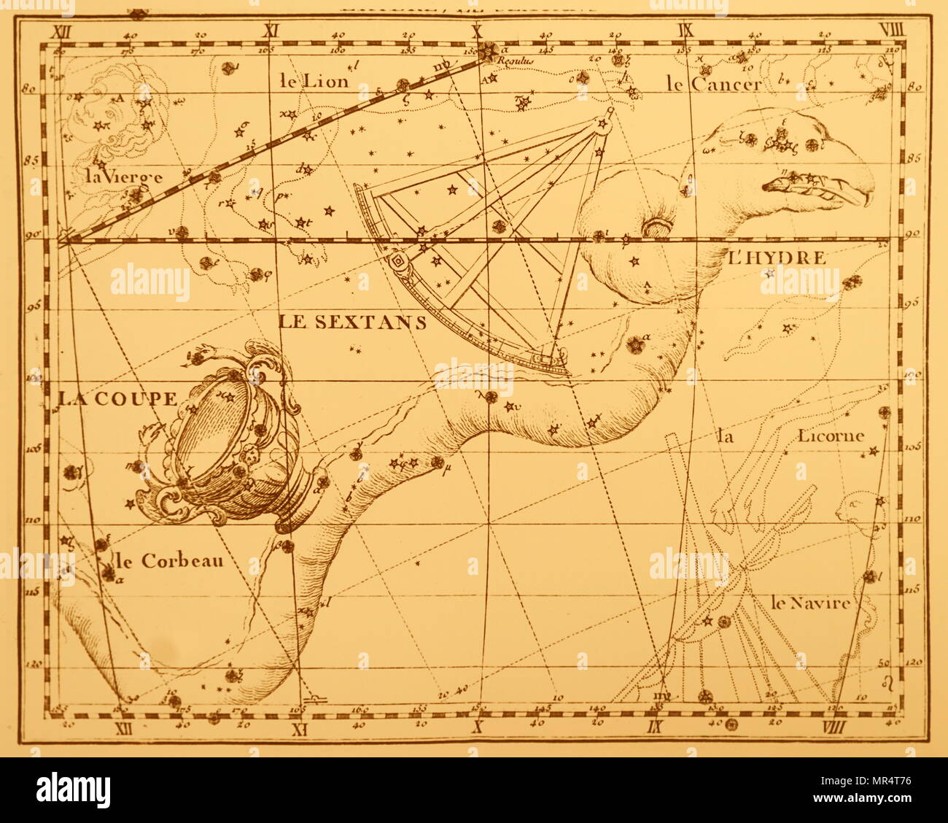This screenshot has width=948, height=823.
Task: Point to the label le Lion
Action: coord(314,81)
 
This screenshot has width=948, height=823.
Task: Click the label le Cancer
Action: coord(713,84)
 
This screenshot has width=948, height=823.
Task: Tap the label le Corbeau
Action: coord(168,561)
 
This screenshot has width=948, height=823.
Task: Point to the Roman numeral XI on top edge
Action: coord(273,31)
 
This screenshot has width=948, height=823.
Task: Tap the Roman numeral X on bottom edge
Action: coord(478,726)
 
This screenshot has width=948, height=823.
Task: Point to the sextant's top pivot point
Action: coord(610,112)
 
